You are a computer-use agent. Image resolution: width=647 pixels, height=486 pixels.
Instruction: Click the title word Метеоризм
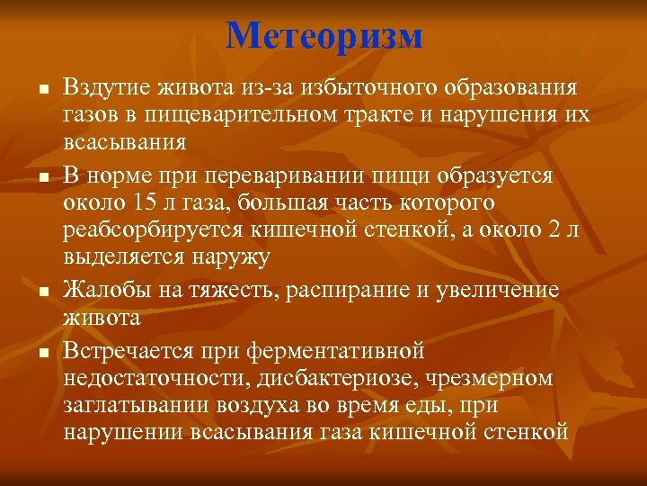(x=323, y=35)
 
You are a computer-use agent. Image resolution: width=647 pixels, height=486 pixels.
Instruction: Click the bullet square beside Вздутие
(x=42, y=89)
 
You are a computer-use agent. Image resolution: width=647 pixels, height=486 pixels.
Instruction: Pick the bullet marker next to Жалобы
(x=42, y=291)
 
